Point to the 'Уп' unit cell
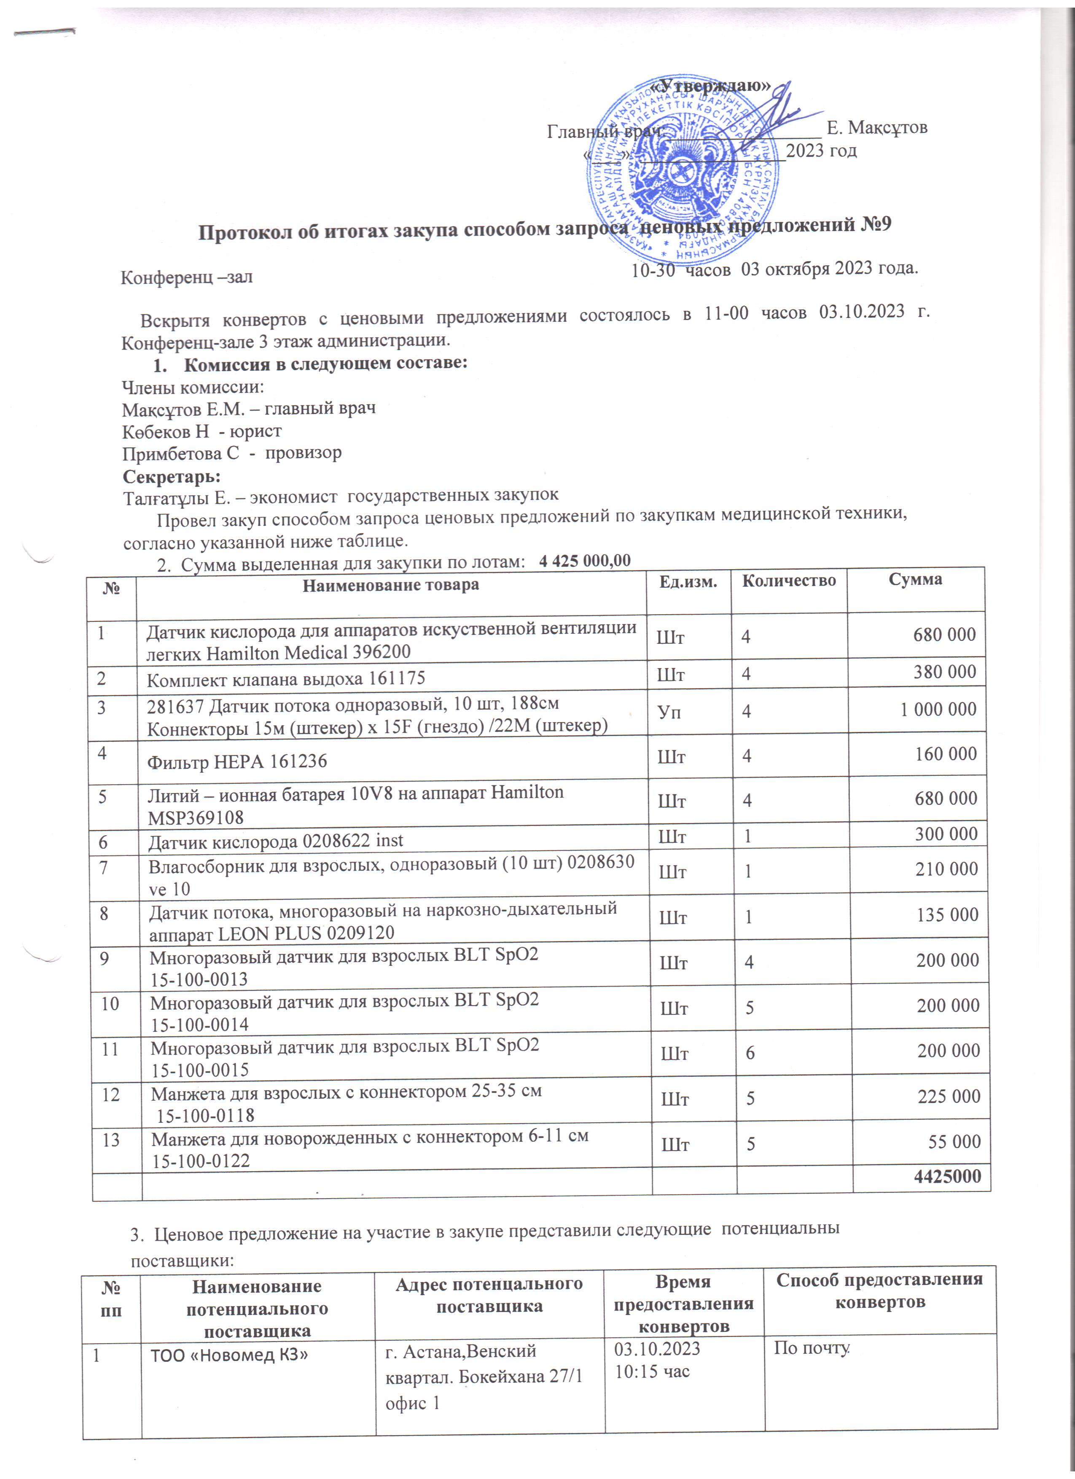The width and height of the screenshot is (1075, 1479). (669, 711)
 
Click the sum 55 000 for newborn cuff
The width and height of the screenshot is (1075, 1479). (954, 1141)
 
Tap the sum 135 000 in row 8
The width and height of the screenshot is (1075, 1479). (946, 915)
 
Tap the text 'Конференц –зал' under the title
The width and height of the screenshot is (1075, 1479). (187, 277)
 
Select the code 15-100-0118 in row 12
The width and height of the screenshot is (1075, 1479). (205, 1115)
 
